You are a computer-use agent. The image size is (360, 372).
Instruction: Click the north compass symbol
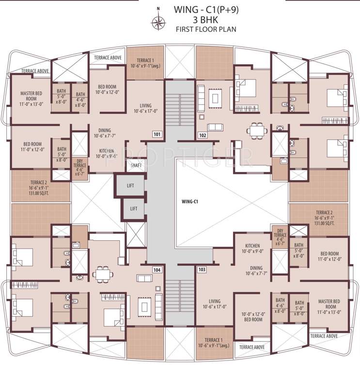158,21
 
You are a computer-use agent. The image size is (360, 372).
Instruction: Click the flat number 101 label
157,134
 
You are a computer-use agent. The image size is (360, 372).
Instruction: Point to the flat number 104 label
157,269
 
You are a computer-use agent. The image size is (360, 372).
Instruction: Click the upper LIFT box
130,186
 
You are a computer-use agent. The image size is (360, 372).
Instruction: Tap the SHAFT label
136,165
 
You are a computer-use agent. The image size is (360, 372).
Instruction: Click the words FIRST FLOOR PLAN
207,30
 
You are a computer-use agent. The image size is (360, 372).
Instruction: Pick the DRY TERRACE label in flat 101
80,165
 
